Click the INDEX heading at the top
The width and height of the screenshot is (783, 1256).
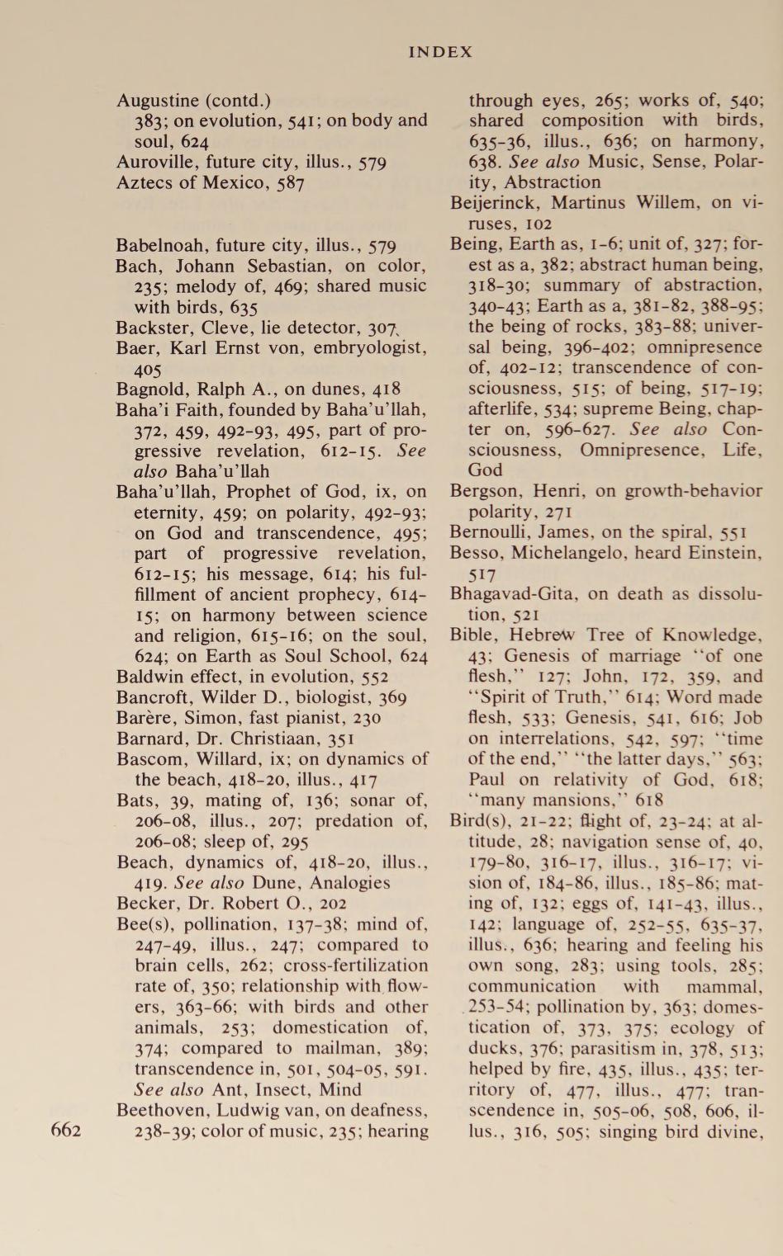440,52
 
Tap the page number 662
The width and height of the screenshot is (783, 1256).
66,1130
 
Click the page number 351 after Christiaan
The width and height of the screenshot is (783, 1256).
340,739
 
